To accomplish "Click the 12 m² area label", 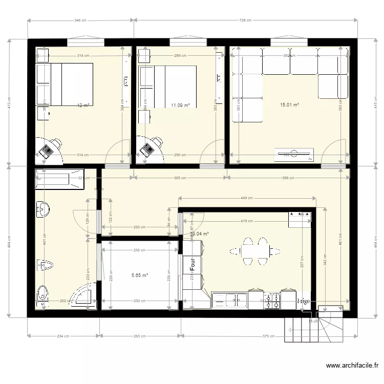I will (x=83, y=105).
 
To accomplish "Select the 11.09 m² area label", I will (x=180, y=105).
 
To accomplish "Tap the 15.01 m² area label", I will (x=289, y=105).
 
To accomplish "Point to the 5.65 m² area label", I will (x=139, y=275).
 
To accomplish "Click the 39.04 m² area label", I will (x=199, y=234).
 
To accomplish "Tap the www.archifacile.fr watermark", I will (x=352, y=366).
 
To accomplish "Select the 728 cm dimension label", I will (x=246, y=20).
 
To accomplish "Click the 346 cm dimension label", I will (x=80, y=20).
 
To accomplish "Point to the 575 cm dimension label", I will (x=269, y=336).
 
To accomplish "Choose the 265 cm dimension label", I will (x=140, y=336).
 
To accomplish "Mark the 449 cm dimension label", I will (x=247, y=198).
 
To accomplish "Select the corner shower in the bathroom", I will (x=84, y=297).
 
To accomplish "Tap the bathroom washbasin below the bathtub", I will (x=41, y=209).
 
